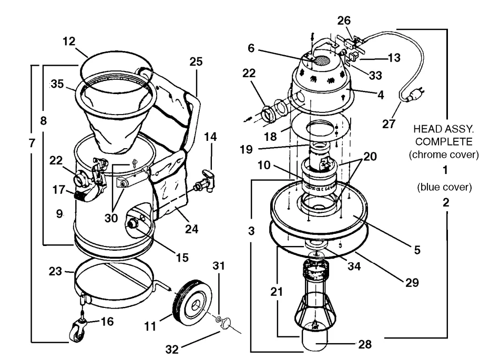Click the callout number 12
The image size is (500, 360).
[69, 42]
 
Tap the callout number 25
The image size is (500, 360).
[196, 61]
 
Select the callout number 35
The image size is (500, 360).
[57, 84]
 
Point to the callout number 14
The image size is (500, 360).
[210, 137]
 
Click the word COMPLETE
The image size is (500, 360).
[444, 141]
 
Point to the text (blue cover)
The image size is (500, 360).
[444, 187]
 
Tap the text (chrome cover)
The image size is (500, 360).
[444, 155]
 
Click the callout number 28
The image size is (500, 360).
[365, 344]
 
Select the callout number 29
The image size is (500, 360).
[412, 283]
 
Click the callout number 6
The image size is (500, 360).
[251, 48]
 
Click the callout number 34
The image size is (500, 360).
[354, 266]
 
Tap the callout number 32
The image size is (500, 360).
[172, 349]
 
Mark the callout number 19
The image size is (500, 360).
[246, 149]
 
